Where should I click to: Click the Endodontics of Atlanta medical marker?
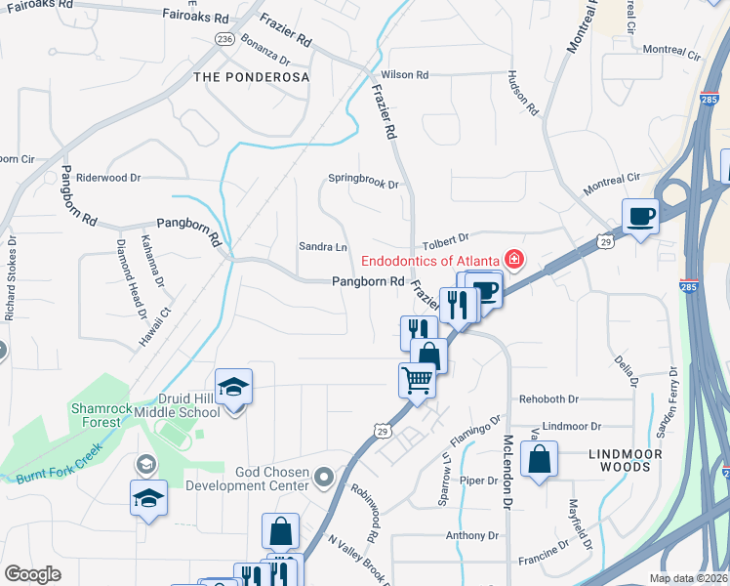(x=512, y=260)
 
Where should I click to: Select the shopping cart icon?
(x=417, y=378)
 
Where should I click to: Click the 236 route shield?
(x=225, y=38)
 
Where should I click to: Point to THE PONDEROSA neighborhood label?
(x=251, y=76)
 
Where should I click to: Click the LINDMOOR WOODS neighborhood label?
(x=626, y=460)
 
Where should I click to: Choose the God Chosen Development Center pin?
(x=325, y=478)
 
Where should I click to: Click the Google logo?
(x=32, y=573)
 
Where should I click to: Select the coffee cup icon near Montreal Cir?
(x=640, y=215)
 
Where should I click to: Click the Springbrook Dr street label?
(x=363, y=182)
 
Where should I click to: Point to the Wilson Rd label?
(x=405, y=74)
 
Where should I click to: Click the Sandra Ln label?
(x=322, y=247)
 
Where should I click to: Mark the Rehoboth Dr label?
(x=548, y=398)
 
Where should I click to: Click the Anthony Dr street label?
(x=471, y=535)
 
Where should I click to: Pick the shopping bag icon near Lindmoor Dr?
(x=539, y=460)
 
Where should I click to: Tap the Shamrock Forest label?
(x=96, y=415)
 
